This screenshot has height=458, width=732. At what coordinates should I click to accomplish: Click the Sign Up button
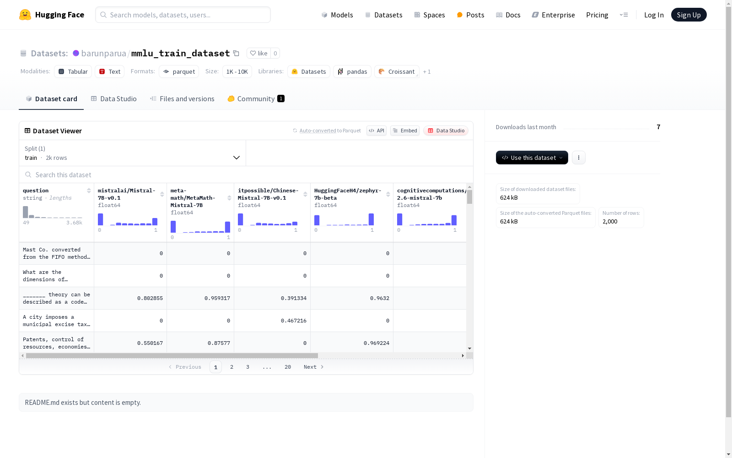point(689,15)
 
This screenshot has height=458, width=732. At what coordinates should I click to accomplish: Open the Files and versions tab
point(182,99)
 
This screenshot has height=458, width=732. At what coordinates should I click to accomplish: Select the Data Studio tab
point(113,99)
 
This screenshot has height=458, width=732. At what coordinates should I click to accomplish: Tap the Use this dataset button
point(532,158)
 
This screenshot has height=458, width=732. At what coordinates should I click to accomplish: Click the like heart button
point(258,53)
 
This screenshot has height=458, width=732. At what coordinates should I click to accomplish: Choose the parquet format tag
point(179,71)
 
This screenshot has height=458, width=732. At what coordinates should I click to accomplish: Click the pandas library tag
point(352,71)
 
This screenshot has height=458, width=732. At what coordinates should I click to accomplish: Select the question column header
point(36,191)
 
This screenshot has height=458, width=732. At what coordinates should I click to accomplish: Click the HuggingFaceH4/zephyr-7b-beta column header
point(347,194)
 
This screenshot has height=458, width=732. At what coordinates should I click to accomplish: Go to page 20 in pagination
point(288,367)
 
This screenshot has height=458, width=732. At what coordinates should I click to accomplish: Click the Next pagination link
point(313,367)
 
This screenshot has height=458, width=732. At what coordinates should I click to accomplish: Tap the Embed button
point(404,131)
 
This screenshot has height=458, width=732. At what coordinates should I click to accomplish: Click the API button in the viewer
point(377,131)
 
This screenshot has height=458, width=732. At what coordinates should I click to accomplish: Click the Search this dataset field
point(246,174)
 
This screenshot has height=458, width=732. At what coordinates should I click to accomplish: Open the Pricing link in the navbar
point(597,15)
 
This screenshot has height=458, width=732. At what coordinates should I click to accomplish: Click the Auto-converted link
point(318,131)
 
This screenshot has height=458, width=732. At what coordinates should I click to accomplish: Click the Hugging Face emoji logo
point(25,15)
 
